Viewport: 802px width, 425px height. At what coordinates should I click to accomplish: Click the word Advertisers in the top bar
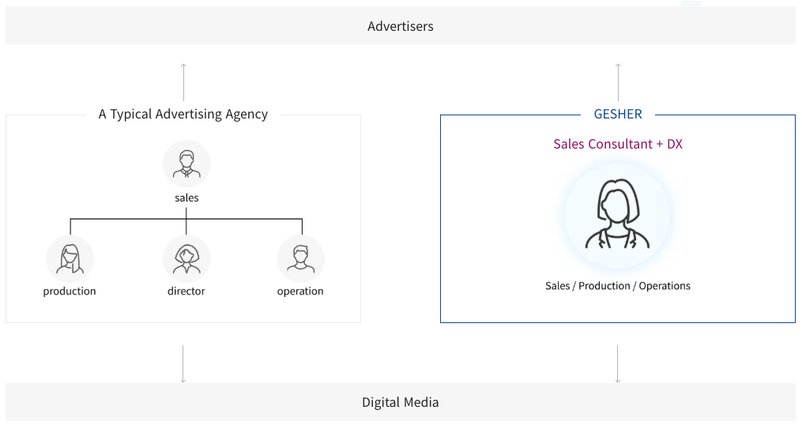[x=400, y=26]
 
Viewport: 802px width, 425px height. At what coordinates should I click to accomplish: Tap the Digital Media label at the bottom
[x=400, y=402]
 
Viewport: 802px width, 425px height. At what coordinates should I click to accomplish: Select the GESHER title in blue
[x=618, y=114]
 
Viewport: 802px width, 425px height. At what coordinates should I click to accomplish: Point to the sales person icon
[x=186, y=164]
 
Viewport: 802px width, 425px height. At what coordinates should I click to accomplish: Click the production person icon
[x=70, y=258]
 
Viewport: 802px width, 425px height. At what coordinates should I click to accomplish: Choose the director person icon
[x=186, y=258]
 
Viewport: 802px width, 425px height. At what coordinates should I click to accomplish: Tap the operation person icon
[x=300, y=258]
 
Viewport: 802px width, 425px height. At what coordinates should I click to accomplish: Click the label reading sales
[x=186, y=197]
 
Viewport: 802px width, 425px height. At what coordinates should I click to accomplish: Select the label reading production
[x=70, y=291]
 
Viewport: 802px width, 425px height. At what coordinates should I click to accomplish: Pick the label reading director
[x=186, y=291]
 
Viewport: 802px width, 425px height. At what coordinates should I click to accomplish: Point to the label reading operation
[x=300, y=291]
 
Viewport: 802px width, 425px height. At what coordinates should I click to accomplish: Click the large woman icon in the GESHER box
[x=617, y=215]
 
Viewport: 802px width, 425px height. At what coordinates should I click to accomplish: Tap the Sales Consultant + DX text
[x=617, y=144]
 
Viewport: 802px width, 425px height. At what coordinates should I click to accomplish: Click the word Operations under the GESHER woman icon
[x=665, y=286]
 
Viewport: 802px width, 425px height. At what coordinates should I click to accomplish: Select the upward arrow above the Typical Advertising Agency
[x=183, y=81]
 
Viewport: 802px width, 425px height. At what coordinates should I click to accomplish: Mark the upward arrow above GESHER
[x=618, y=81]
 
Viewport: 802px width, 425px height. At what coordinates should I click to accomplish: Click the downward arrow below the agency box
[x=183, y=363]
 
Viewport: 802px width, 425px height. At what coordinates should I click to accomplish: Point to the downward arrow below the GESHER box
[x=618, y=363]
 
